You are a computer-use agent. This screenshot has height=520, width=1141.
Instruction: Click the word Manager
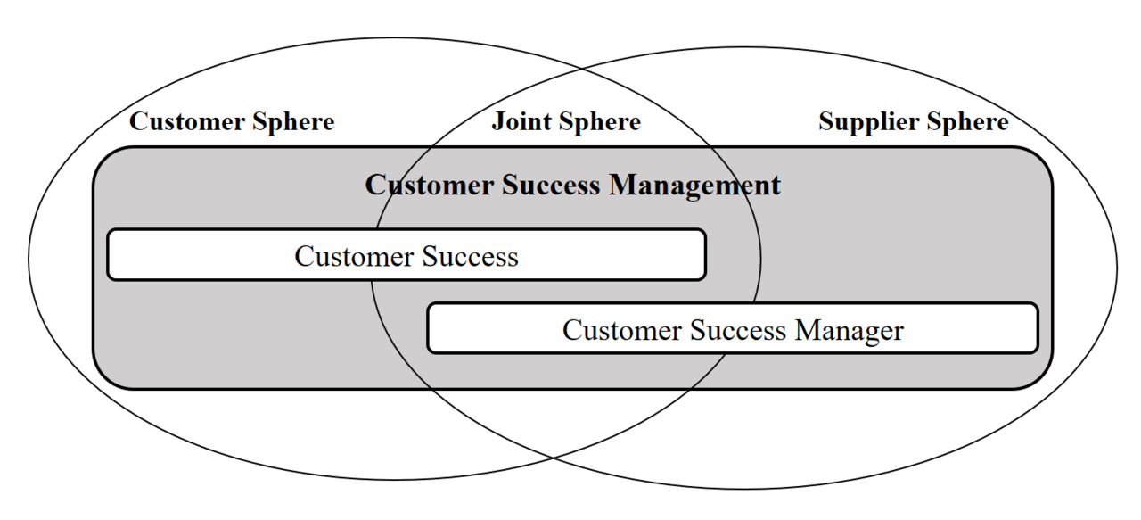point(850,331)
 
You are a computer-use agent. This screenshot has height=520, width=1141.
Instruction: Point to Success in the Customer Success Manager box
point(737,331)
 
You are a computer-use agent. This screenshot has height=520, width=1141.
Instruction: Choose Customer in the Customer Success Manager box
point(623,331)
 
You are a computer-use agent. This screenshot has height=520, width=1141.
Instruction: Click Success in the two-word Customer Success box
point(470,257)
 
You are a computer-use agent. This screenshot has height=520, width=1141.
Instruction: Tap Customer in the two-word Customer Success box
point(355,257)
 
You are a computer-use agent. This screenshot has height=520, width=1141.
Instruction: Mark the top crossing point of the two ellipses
point(583,69)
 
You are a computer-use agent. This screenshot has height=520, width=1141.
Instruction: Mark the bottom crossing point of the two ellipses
point(554,458)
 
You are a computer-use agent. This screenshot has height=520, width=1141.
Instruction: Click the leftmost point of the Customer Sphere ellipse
point(29,259)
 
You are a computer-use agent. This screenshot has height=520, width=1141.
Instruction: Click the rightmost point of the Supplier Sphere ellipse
point(1117,267)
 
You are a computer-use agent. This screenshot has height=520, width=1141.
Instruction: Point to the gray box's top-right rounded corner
point(1043,157)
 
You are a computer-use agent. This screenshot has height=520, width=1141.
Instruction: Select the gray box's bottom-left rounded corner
point(103,379)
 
